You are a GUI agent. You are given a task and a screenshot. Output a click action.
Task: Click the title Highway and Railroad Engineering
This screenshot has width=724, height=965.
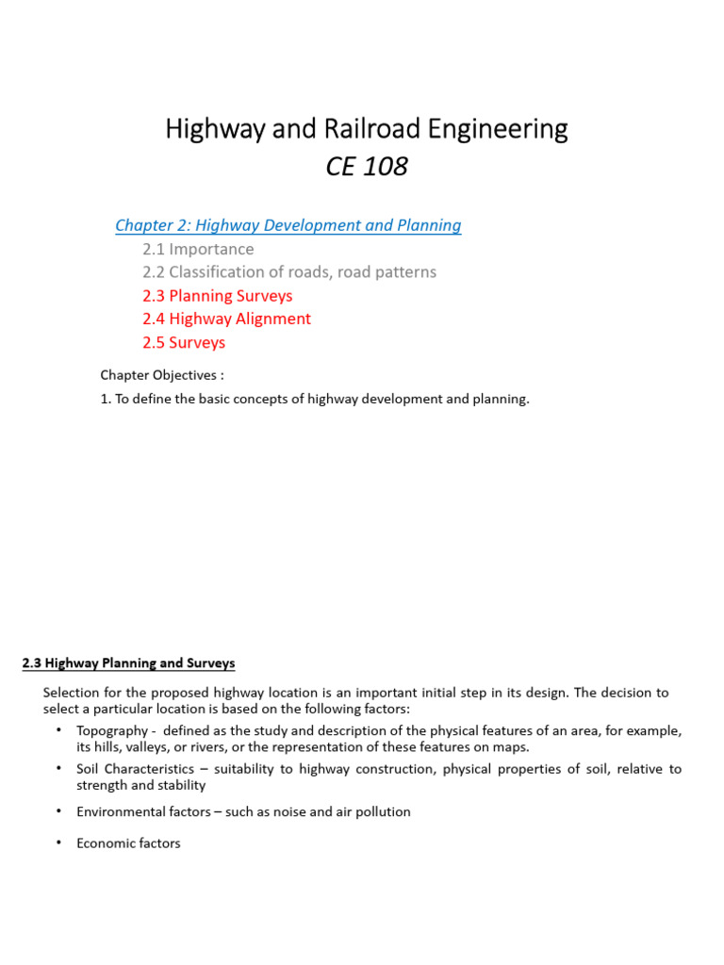pyautogui.click(x=367, y=128)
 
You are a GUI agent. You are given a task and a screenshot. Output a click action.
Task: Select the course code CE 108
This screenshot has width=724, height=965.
pyautogui.click(x=367, y=167)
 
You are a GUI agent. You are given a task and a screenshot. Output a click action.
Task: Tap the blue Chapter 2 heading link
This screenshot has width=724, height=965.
pyautogui.click(x=288, y=225)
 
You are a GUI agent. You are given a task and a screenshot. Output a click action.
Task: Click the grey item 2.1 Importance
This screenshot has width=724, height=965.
pyautogui.click(x=198, y=249)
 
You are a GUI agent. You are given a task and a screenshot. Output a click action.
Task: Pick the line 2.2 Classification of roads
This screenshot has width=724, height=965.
pyautogui.click(x=289, y=272)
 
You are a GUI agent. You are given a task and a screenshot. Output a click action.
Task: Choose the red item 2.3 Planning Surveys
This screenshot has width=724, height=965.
pyautogui.click(x=218, y=296)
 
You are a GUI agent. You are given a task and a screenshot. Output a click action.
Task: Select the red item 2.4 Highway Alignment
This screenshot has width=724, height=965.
pyautogui.click(x=226, y=319)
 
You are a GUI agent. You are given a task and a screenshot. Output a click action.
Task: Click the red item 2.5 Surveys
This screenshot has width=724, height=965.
pyautogui.click(x=184, y=343)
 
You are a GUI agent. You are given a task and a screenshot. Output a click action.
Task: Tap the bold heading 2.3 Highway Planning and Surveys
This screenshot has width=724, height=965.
pyautogui.click(x=128, y=663)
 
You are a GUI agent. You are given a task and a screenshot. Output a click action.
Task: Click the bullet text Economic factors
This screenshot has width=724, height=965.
pyautogui.click(x=128, y=843)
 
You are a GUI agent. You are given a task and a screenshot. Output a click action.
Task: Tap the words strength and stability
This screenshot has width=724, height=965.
pyautogui.click(x=140, y=785)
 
